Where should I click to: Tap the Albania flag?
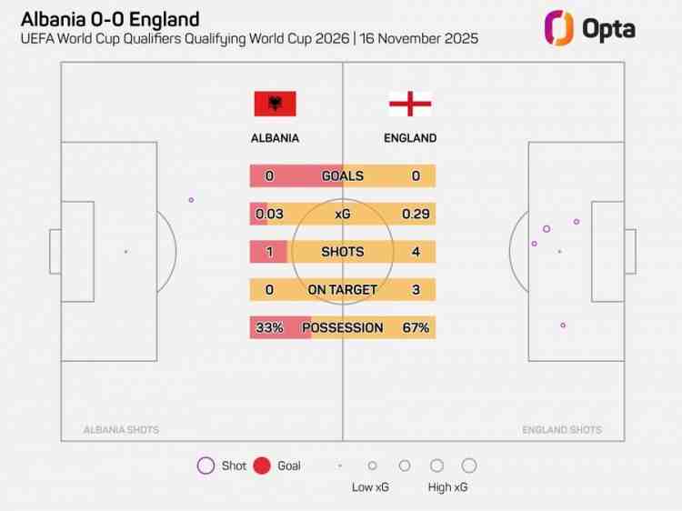(275, 104)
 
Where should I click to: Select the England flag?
(410, 104)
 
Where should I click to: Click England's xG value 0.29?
(416, 215)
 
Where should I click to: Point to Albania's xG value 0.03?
(269, 215)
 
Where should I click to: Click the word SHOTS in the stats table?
(342, 252)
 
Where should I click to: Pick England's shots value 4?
(416, 252)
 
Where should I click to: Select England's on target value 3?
(416, 290)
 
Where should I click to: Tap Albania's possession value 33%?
(269, 327)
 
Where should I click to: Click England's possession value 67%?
(416, 327)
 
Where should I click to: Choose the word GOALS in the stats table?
(342, 176)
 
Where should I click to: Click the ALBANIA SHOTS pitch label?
(121, 430)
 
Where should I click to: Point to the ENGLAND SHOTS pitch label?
(562, 430)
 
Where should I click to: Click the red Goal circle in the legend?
(262, 466)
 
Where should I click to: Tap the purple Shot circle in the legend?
(206, 466)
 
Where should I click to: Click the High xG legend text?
(448, 487)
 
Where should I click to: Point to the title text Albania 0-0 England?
(110, 19)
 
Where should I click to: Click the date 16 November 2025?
(419, 39)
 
